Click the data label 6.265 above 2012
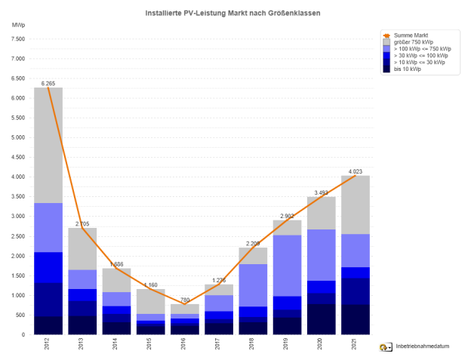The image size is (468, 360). pos(48,83)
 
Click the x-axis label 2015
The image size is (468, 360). pos(152,345)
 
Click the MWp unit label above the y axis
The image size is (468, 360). pos(17,26)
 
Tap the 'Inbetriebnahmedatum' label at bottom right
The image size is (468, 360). pos(421,346)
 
